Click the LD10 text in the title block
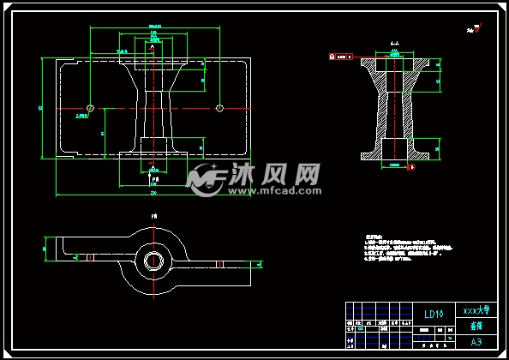433,314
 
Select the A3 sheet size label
476,341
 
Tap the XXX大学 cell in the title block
476,309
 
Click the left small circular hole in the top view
89,108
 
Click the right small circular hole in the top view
219,108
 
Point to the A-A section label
394,42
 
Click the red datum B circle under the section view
411,167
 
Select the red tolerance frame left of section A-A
342,57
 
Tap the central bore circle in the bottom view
154,258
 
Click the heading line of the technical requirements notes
372,234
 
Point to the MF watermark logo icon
207,178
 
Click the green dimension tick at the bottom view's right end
254,267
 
